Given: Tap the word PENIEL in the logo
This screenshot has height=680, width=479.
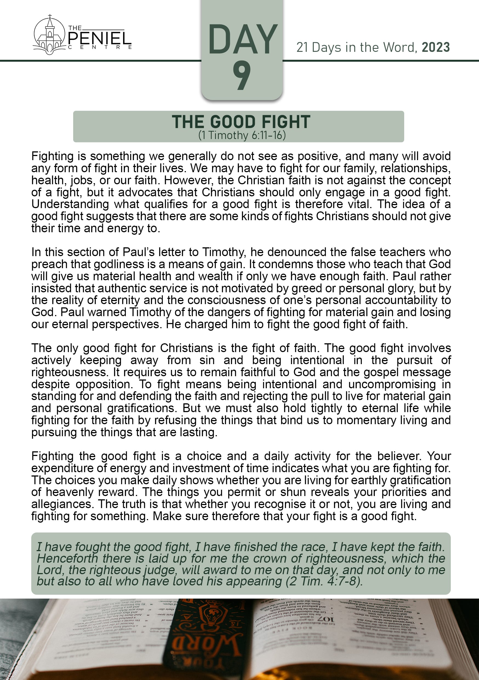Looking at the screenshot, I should click(100, 38).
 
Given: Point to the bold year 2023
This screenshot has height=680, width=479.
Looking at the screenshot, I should click(435, 47).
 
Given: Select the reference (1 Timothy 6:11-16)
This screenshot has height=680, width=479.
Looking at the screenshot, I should click(242, 135).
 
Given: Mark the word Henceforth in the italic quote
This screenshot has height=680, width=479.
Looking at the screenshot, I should click(67, 559).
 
